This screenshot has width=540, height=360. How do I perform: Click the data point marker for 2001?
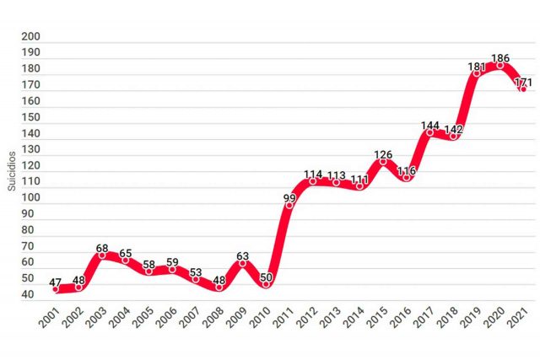pos(56,289)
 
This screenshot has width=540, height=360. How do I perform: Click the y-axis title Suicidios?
pos(12,169)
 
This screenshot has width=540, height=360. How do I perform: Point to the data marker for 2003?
pos(102,255)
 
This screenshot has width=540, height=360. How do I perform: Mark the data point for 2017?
pos(429,133)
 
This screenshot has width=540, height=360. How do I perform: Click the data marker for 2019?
pos(477,73)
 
